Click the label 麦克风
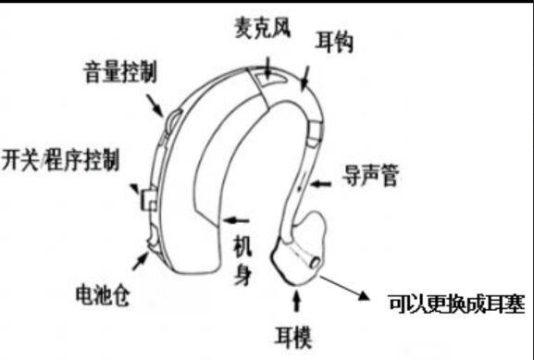(262, 29)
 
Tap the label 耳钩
(334, 43)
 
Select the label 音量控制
(120, 72)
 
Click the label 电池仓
(103, 295)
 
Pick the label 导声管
(370, 176)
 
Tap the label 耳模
(293, 337)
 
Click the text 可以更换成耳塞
(456, 304)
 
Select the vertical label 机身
(242, 261)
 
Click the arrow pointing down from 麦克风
(268, 68)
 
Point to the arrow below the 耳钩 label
(305, 78)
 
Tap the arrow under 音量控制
(155, 106)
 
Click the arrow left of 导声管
(321, 184)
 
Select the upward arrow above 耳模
(297, 301)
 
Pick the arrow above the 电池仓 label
(141, 262)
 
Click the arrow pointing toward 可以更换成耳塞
(344, 288)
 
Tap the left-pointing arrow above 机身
(236, 220)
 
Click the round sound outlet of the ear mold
(315, 262)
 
